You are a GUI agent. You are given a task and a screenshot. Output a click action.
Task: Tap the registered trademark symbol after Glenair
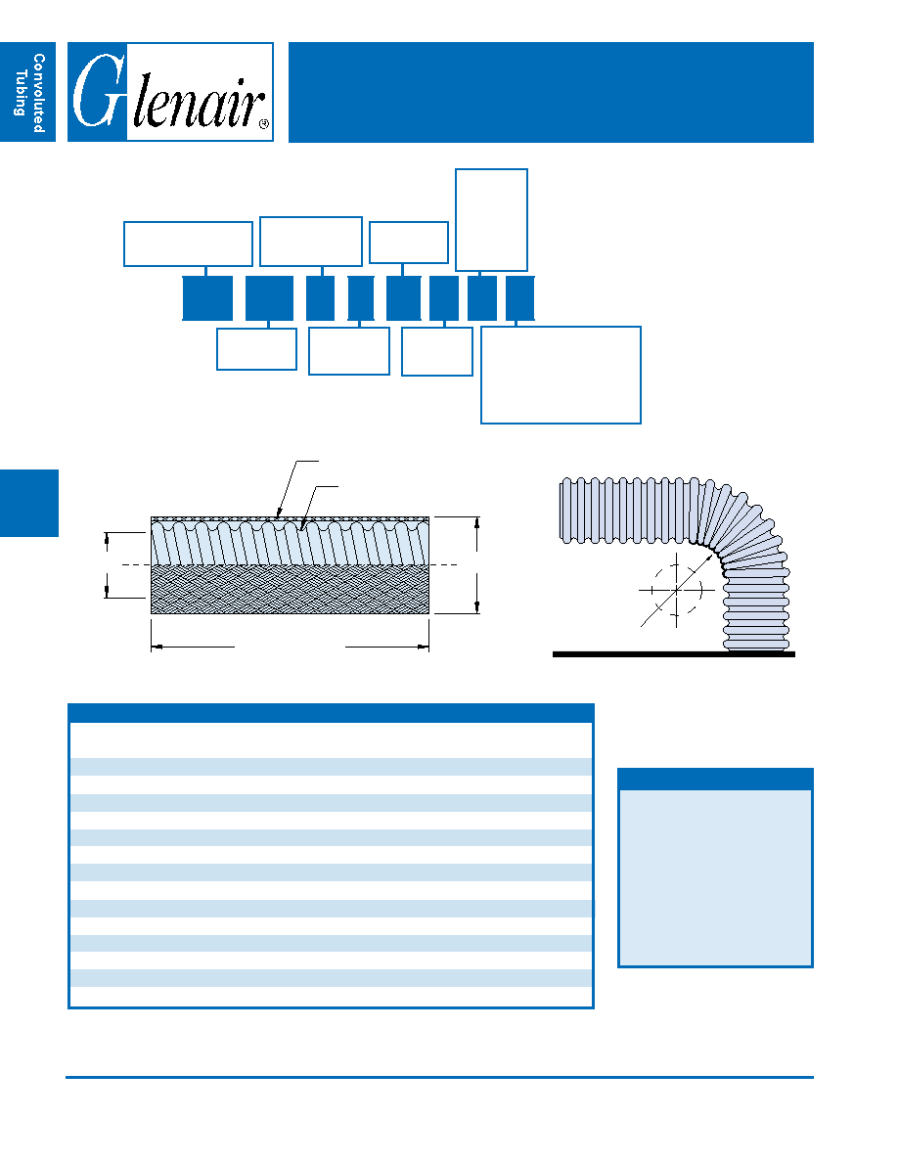(264, 124)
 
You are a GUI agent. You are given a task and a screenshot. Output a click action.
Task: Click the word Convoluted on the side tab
(39, 93)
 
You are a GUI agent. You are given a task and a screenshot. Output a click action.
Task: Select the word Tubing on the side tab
(21, 93)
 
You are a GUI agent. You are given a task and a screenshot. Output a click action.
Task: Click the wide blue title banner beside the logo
(551, 92)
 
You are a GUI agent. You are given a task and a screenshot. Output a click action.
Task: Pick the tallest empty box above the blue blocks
(491, 220)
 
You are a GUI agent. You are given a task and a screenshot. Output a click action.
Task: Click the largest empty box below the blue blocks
(561, 375)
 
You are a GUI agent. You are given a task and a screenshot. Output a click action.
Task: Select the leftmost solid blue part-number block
(207, 298)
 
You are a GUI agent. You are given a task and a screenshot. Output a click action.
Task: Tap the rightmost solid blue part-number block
(520, 298)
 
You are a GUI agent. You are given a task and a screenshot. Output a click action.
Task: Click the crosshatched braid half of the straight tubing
(290, 590)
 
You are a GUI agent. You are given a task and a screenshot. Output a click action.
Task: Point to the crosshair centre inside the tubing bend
(677, 590)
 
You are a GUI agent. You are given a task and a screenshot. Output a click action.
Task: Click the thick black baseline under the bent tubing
(673, 654)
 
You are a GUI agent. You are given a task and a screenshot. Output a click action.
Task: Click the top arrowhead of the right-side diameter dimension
(476, 522)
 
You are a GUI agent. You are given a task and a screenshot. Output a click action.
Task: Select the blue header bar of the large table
(331, 713)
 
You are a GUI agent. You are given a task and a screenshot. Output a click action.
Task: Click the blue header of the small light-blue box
(715, 779)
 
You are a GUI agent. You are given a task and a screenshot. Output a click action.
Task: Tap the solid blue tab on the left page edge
(29, 503)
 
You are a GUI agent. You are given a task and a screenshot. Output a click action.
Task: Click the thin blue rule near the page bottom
(439, 1077)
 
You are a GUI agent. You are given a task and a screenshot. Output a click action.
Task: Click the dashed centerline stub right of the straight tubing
(443, 564)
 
